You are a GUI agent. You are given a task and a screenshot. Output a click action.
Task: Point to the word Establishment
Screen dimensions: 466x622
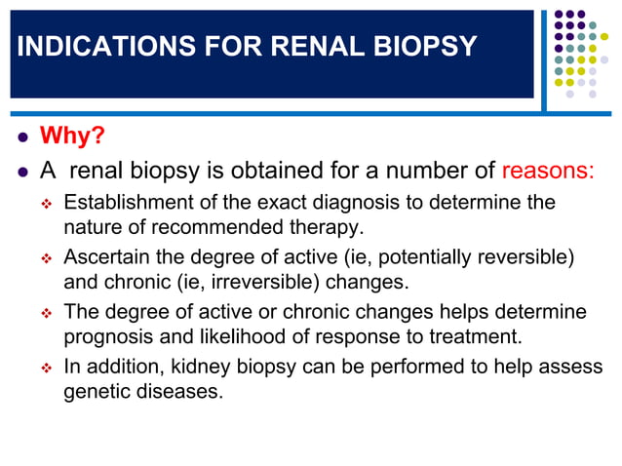click(x=125, y=203)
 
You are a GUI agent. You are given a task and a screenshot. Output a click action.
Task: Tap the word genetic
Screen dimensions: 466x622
click(x=95, y=395)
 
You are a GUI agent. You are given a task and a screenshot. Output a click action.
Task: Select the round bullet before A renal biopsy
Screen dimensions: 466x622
click(x=21, y=172)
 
